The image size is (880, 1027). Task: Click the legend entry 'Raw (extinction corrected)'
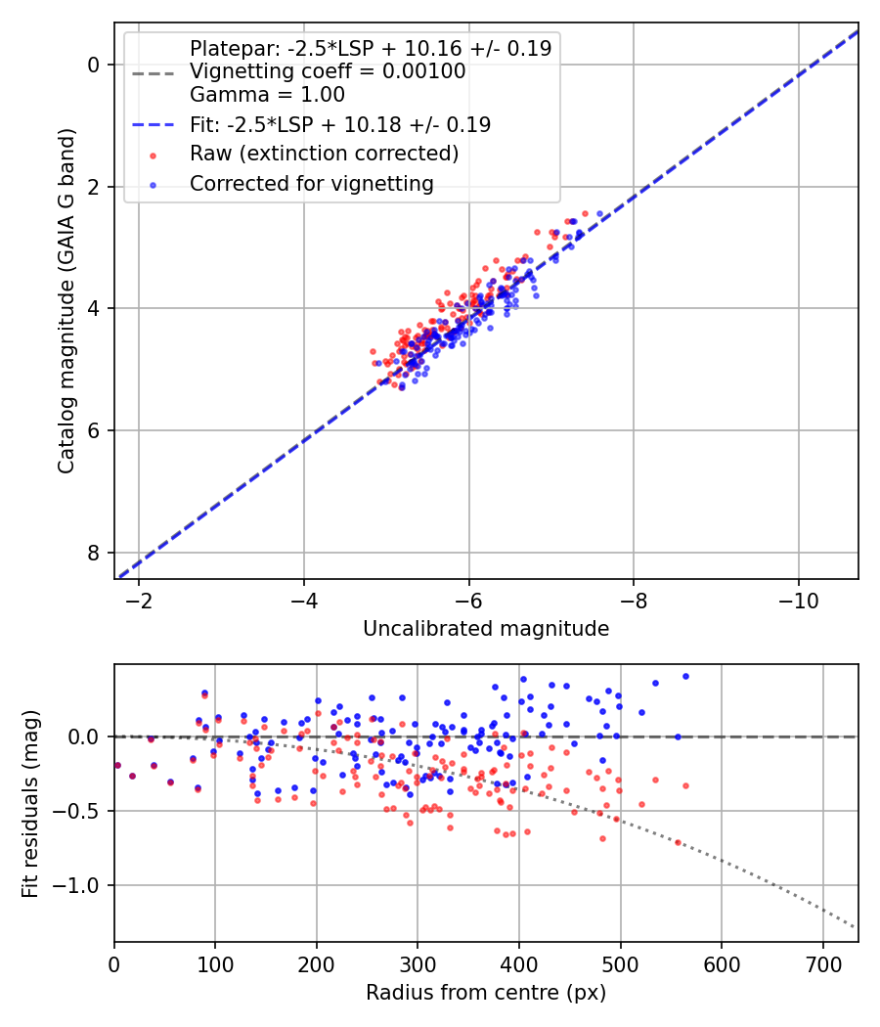pos(324,154)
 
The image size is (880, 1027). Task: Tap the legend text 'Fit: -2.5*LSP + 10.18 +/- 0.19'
pos(340,124)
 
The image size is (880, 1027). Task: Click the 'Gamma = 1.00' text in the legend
pos(267,95)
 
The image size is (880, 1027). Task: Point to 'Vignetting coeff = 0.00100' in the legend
pos(328,71)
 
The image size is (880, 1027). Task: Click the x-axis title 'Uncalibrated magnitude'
pos(486,629)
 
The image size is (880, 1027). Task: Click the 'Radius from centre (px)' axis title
pos(486,993)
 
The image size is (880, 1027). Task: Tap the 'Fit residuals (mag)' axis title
pos(30,803)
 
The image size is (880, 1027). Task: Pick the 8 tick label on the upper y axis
pos(94,553)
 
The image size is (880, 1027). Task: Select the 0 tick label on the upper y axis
pos(94,65)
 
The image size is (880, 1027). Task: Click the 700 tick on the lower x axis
pos(822,963)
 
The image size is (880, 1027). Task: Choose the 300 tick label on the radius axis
pos(418,963)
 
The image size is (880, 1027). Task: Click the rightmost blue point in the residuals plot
pos(685,676)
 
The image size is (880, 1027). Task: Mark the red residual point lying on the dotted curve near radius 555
pos(678,842)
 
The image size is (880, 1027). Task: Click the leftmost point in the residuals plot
pos(117,765)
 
